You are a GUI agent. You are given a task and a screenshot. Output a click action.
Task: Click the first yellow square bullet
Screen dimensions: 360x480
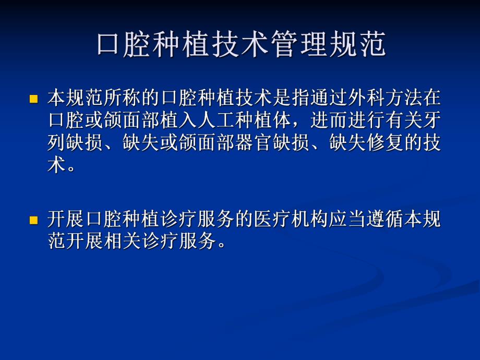[34, 99]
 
